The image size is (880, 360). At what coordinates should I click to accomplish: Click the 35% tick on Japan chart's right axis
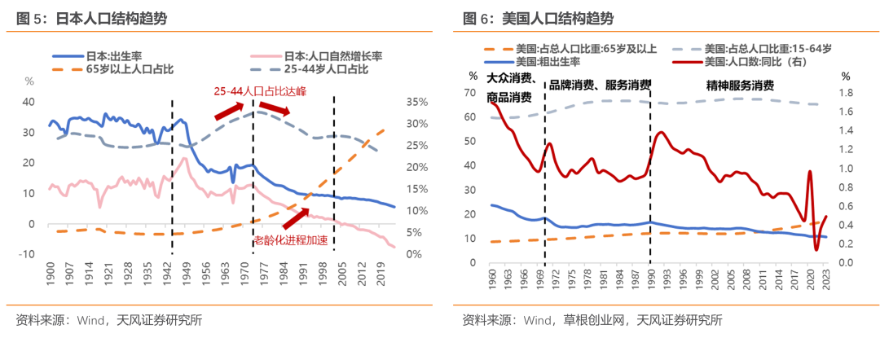416,102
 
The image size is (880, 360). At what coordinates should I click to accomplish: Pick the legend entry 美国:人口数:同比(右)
750,62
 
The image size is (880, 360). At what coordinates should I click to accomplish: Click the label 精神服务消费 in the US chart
740,85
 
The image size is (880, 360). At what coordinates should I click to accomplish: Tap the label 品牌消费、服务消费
601,85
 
